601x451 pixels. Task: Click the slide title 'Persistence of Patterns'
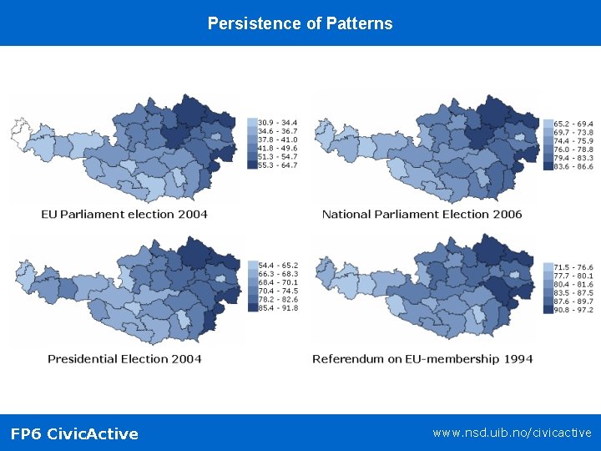pos(300,23)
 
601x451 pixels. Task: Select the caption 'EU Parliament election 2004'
pos(124,214)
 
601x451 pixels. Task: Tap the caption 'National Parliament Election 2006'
pos(422,214)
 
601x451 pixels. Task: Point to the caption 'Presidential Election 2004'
pos(124,358)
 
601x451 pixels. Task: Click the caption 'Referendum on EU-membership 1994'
pos(422,358)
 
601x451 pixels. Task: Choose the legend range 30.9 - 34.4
pos(278,123)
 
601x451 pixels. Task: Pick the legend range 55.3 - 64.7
pos(278,165)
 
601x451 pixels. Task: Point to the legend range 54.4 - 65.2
pos(278,265)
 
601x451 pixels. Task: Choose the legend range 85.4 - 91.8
pos(278,307)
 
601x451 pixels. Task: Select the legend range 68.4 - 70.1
pos(278,282)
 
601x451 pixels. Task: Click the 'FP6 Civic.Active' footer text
pos(74,433)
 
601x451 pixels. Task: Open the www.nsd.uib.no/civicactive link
pos(512,433)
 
